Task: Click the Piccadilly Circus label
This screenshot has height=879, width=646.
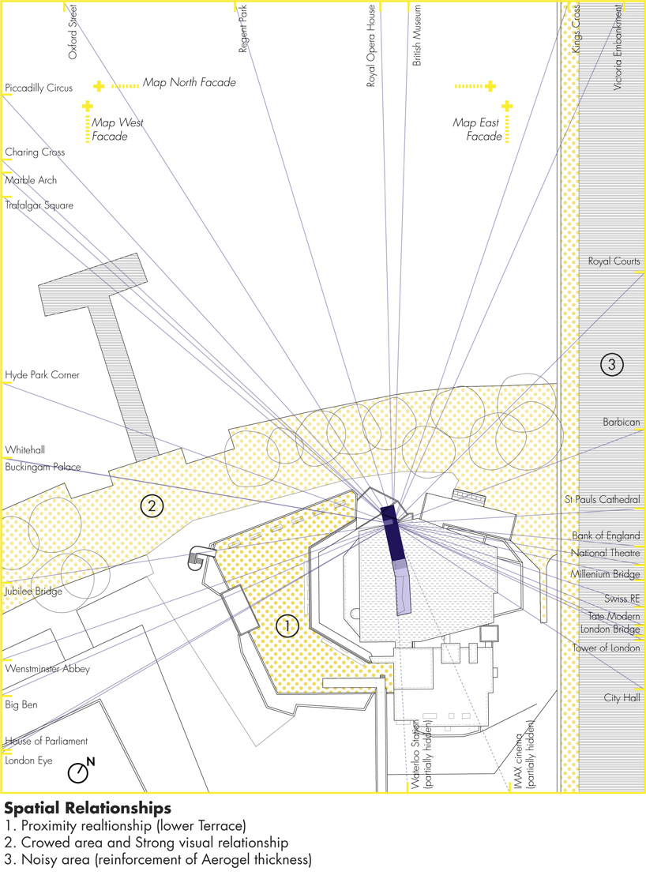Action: coord(39,88)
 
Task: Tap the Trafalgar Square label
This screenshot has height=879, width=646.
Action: coord(39,205)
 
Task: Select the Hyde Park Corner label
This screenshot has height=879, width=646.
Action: coord(42,374)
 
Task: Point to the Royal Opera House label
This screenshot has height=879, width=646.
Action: coord(370,46)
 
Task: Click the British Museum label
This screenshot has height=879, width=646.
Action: coord(417,36)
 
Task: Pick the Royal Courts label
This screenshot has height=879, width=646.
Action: coord(614,261)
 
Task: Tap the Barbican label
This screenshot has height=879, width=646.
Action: coord(622,422)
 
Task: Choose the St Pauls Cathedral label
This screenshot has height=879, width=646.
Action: coord(603,499)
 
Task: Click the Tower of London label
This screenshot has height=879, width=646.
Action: coord(606,648)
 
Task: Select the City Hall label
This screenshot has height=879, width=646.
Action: coord(622,698)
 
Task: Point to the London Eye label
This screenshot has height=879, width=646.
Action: coord(28,761)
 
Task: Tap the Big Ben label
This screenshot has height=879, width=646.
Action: coord(21,704)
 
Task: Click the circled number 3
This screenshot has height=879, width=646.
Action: coord(611,364)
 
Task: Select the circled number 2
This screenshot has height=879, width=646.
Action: coord(152,506)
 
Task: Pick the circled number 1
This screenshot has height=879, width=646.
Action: coord(287,625)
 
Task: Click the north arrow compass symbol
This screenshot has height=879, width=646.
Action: coord(81,771)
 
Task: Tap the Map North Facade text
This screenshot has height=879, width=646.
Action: coord(189,82)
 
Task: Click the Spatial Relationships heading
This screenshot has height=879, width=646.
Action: coord(88,809)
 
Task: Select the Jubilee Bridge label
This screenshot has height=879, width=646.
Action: coord(33,592)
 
